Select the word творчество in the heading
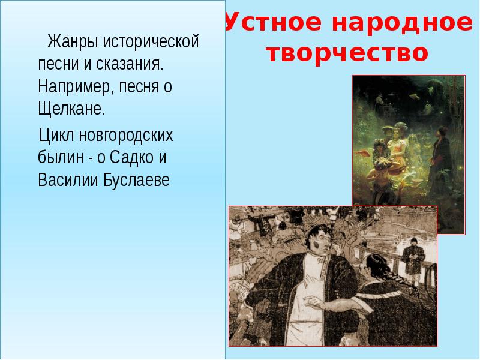[x=346, y=53]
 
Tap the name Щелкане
[x=71, y=110]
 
